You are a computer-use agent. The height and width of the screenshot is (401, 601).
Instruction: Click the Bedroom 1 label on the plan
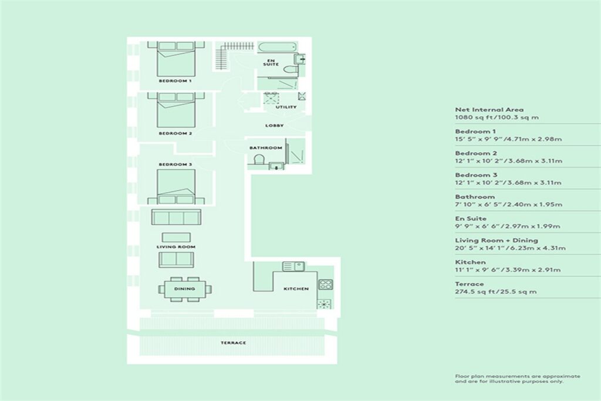[x=175, y=81]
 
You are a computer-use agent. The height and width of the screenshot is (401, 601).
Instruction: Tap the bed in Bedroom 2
[x=176, y=110]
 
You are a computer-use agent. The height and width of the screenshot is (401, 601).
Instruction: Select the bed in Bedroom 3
[x=176, y=187]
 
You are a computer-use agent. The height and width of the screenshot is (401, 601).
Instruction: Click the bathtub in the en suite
[x=277, y=48]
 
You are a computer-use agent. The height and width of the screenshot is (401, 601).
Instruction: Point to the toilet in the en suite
[x=291, y=70]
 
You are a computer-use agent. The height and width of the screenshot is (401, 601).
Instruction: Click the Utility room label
[x=286, y=107]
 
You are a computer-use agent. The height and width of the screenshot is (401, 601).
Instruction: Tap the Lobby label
[x=275, y=126]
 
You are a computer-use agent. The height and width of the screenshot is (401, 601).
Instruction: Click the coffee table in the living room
[x=176, y=237]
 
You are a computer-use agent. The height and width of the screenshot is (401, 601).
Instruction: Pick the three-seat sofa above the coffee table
[x=176, y=217]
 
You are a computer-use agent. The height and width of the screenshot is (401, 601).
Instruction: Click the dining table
[x=184, y=289]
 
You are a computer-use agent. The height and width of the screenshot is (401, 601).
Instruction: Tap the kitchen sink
[x=293, y=267]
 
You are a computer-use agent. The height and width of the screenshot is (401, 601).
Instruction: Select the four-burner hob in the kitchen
[x=325, y=284]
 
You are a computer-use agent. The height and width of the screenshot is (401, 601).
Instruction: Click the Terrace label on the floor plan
[x=233, y=343]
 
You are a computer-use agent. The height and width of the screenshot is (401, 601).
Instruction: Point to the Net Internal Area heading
[x=489, y=109]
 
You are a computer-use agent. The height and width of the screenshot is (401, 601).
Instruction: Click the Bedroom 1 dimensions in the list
[x=508, y=139]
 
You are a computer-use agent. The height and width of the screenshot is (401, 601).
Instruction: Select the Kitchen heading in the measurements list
[x=470, y=262]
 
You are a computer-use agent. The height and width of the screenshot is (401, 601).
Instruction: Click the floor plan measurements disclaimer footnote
[x=518, y=379]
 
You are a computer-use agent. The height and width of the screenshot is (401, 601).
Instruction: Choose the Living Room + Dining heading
[x=497, y=240]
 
